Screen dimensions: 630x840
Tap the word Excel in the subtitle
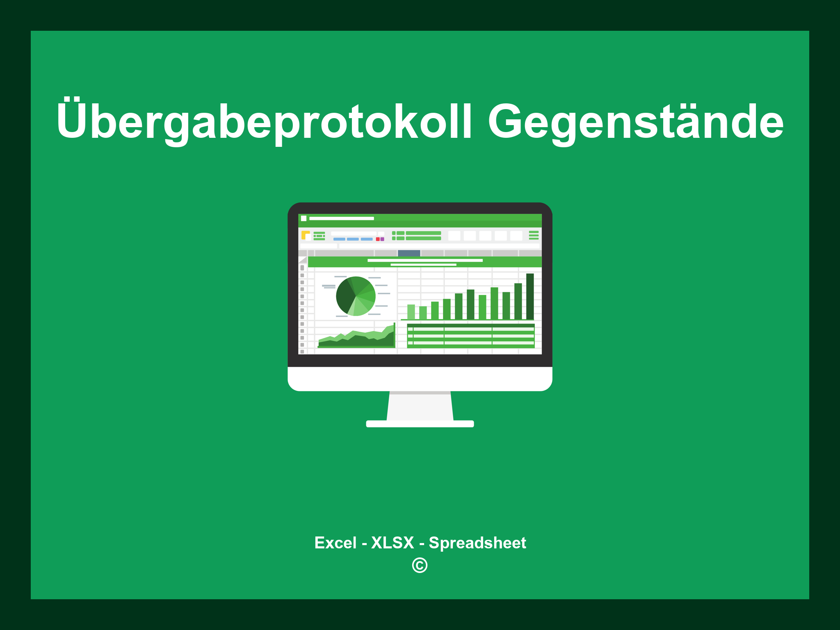click(x=335, y=543)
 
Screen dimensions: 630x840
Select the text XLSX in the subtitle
click(x=393, y=543)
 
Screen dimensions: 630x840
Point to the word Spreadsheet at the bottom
click(x=477, y=543)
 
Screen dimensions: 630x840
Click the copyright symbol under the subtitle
click(x=420, y=566)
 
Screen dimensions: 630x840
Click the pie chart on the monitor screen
click(x=356, y=296)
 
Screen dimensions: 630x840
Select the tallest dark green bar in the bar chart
click(x=530, y=296)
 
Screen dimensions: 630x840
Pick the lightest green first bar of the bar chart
click(x=411, y=312)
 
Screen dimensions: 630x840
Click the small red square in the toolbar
click(x=378, y=239)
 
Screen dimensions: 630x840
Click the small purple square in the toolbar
click(x=382, y=239)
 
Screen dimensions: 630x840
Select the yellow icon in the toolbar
click(x=305, y=235)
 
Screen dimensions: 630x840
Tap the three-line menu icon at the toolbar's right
click(x=534, y=235)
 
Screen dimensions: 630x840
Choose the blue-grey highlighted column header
click(x=409, y=253)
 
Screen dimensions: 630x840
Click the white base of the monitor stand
click(x=420, y=424)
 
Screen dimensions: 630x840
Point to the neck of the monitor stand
click(x=420, y=406)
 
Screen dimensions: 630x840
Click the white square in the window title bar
click(x=304, y=218)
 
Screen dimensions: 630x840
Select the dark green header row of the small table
click(x=470, y=326)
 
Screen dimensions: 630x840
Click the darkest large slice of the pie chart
click(x=345, y=297)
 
